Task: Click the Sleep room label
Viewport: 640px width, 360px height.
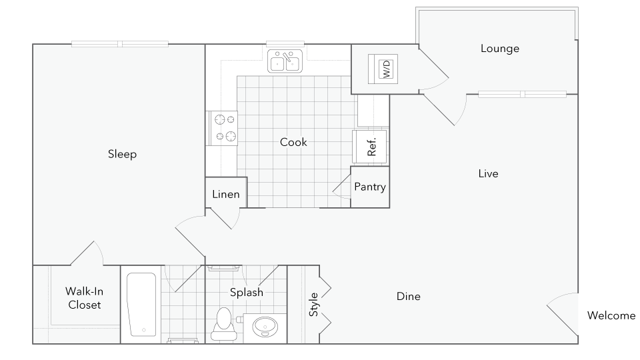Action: point(122,154)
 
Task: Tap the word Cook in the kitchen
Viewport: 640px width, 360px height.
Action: point(293,142)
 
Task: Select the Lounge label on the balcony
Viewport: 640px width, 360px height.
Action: point(500,49)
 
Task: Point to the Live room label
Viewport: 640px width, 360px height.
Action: point(488,173)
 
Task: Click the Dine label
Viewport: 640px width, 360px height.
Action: point(408,296)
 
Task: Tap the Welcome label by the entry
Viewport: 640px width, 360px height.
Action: point(611,315)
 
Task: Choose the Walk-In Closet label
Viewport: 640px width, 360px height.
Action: point(84,298)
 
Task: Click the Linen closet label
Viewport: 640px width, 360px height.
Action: point(226,194)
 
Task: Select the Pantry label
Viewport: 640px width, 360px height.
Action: point(370,187)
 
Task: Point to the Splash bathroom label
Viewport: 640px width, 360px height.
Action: point(247,292)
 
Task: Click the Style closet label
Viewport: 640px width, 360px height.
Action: point(313,304)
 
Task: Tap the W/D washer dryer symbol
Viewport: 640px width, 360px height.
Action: point(383,69)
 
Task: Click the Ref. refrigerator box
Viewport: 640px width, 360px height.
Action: point(370,147)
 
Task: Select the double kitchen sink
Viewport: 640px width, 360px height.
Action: point(285,61)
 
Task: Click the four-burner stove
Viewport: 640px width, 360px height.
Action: point(222,128)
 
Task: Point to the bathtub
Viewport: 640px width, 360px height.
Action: point(141,304)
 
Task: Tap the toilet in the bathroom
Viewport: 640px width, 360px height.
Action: point(224,324)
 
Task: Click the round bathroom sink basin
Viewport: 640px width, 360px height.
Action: point(265,327)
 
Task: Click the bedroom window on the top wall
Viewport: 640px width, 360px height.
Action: point(120,44)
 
